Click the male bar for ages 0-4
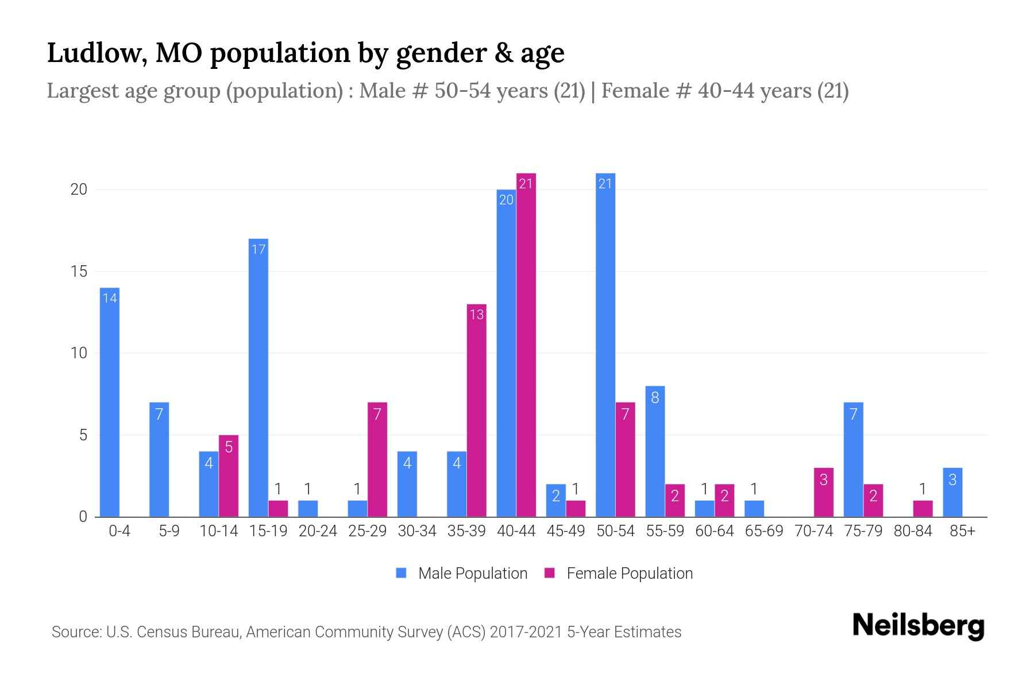point(110,402)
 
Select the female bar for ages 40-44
point(526,344)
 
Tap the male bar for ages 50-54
point(605,344)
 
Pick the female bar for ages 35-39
point(476,411)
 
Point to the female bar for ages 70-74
point(823,492)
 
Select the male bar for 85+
point(952,492)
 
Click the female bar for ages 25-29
point(377,459)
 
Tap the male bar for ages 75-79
point(853,459)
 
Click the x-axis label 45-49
point(566,531)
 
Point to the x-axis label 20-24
point(318,531)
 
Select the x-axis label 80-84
point(913,531)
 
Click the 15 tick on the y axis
point(79,271)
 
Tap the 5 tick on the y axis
point(83,435)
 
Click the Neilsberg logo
point(918,626)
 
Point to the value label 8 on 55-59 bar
point(655,397)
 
